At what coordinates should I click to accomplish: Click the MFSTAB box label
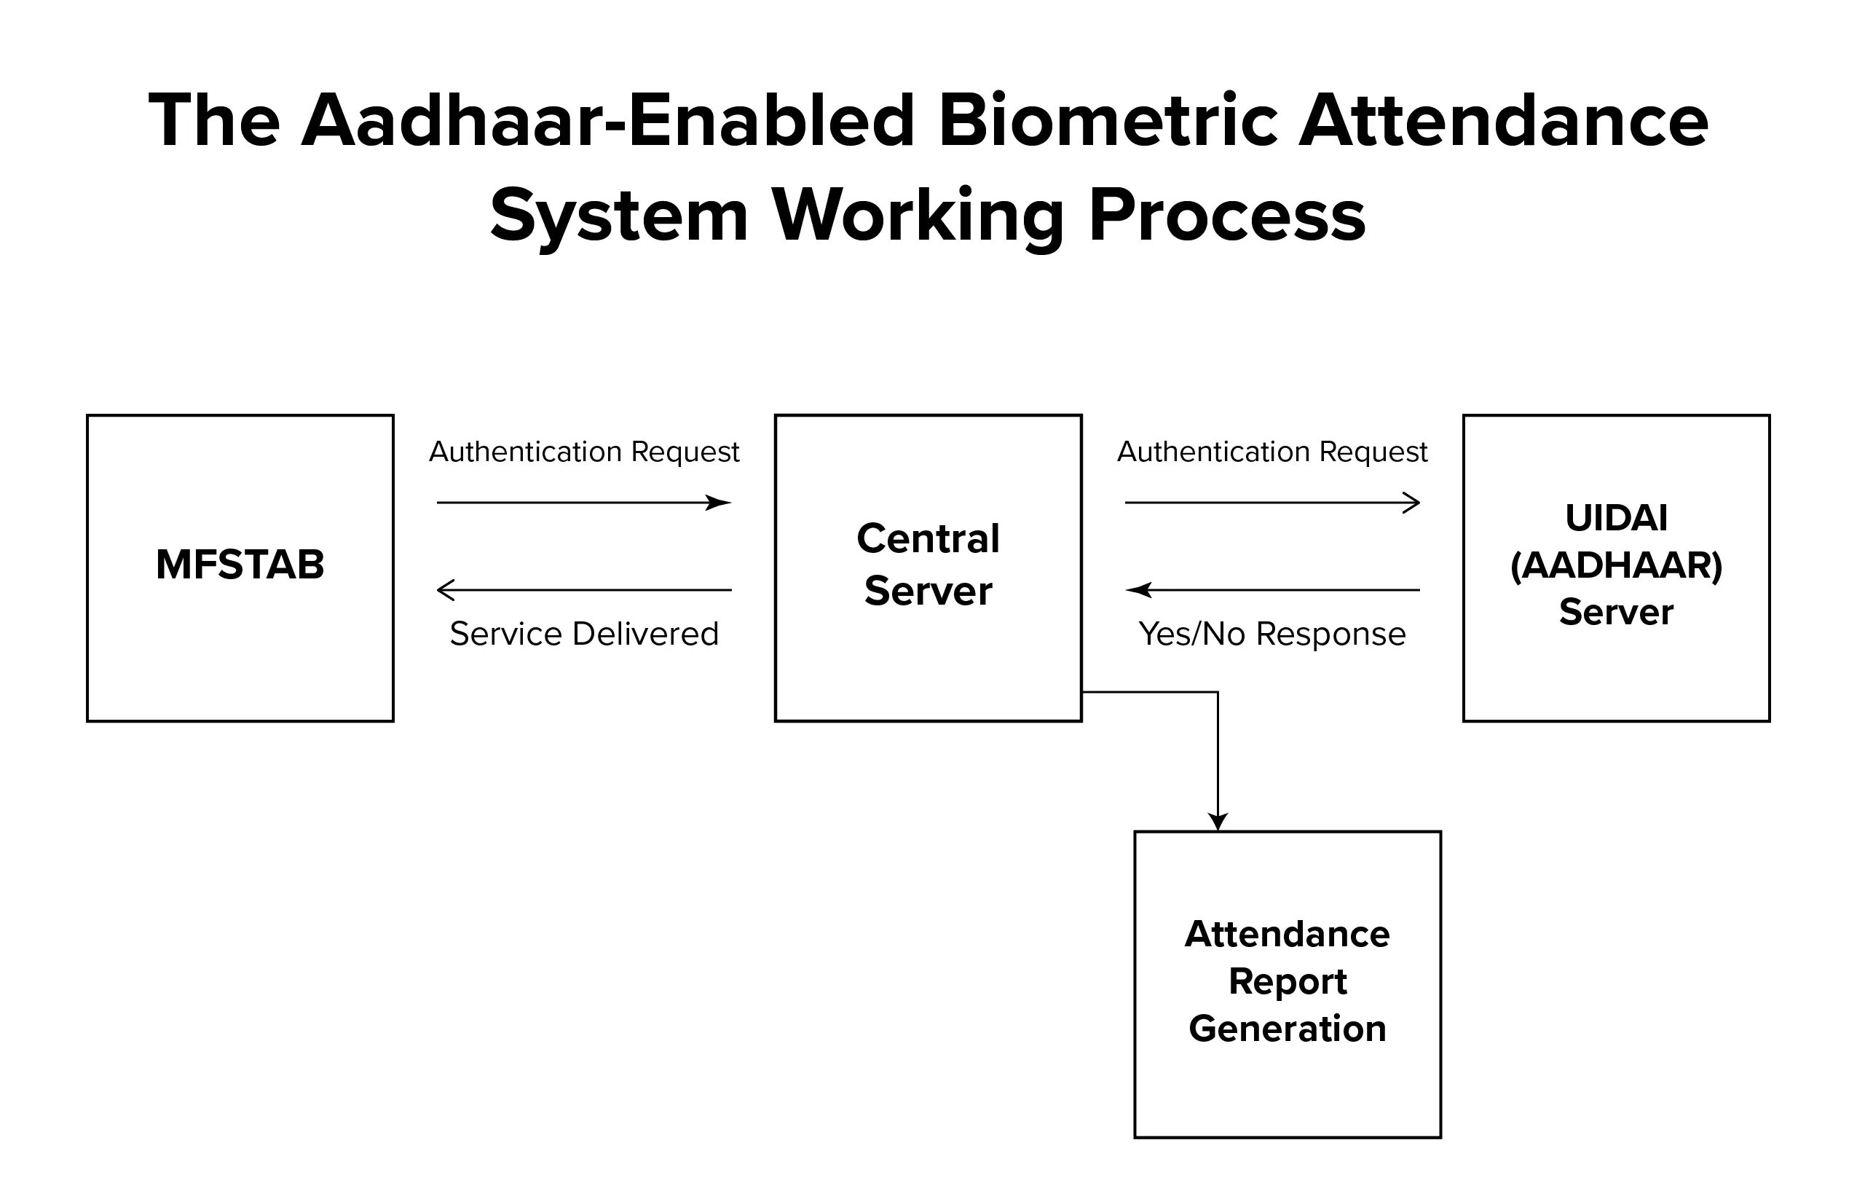click(240, 565)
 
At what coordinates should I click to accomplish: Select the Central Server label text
click(928, 564)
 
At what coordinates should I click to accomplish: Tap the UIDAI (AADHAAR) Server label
click(1617, 565)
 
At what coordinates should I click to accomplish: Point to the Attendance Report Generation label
click(1288, 981)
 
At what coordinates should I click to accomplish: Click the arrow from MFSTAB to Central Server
click(583, 503)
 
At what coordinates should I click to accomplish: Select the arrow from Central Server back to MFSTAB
click(583, 590)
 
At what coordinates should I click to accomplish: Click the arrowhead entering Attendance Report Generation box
click(1218, 822)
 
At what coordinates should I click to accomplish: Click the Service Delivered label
click(583, 634)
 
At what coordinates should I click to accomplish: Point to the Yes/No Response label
click(1271, 635)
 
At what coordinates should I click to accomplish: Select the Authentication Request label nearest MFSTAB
click(583, 452)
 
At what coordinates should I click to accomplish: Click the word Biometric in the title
click(1108, 121)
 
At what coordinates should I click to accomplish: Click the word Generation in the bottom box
click(1288, 1029)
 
